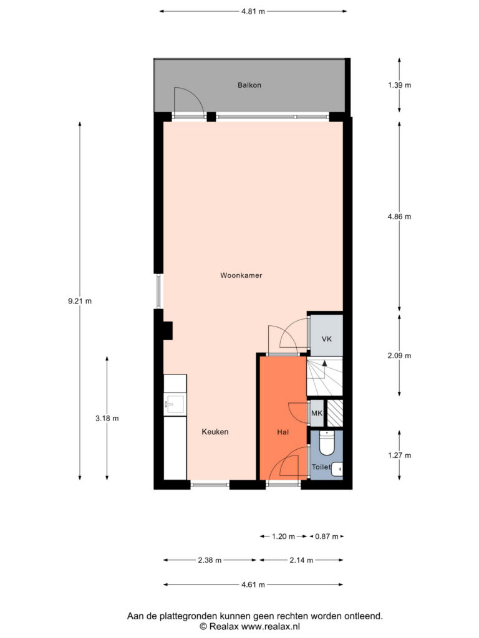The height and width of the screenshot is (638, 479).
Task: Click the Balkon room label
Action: pos(249,85)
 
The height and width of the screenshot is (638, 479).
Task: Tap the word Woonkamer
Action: pos(241,275)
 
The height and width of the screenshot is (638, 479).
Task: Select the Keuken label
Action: pos(215,432)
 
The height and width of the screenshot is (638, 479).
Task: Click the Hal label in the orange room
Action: pos(283,432)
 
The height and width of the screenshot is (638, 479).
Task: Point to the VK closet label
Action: pos(327,339)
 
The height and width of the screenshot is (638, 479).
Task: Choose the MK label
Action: pos(317,414)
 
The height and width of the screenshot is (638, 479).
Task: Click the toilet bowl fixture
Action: pos(326,443)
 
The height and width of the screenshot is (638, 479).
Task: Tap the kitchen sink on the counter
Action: pos(175,405)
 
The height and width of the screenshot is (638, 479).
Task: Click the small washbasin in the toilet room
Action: pos(337,469)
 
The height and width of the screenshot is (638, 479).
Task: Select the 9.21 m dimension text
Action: pos(80,301)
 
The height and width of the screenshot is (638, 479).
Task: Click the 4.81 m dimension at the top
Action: pos(253,11)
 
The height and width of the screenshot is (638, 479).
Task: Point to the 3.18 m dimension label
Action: pos(107,418)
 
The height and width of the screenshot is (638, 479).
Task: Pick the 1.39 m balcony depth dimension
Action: pos(399,85)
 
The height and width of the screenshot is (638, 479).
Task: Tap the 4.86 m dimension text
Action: pos(399,216)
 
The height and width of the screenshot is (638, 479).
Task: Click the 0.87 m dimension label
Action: pos(327,536)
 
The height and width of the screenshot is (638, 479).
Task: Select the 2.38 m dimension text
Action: pos(210,560)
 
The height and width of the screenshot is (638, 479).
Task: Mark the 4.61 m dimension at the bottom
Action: pos(253,584)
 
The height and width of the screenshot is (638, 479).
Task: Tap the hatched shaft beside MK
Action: pos(335,414)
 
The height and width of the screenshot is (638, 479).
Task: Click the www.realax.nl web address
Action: pos(271,627)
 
